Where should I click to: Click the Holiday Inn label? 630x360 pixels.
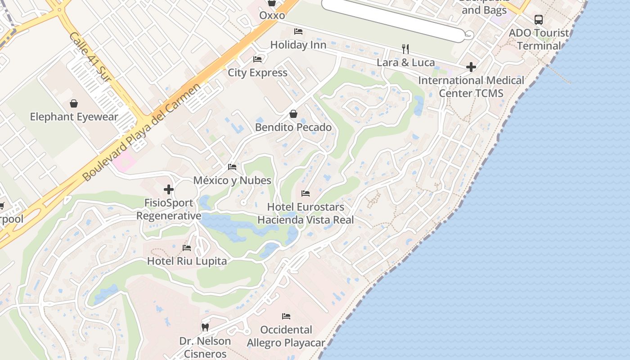(x=298, y=45)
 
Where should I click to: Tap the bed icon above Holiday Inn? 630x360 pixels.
(x=298, y=31)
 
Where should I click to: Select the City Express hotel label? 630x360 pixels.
(x=257, y=72)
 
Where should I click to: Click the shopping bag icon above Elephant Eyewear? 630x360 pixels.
(x=74, y=103)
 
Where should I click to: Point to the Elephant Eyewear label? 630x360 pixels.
(x=74, y=117)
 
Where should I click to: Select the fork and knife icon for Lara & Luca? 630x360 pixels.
(x=405, y=49)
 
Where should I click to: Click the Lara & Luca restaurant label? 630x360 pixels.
(x=405, y=63)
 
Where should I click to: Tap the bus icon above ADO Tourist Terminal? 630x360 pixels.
(x=538, y=20)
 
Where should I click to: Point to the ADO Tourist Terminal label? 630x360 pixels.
(x=539, y=39)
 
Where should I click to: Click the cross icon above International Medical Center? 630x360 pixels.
(x=471, y=67)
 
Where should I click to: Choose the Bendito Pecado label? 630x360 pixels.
(x=293, y=127)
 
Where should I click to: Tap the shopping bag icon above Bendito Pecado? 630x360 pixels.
(x=293, y=114)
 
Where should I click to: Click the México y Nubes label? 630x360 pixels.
(x=232, y=180)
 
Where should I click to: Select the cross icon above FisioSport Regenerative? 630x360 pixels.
(x=169, y=189)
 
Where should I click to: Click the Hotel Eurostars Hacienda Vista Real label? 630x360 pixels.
(x=306, y=213)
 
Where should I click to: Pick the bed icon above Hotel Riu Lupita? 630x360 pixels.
(x=187, y=248)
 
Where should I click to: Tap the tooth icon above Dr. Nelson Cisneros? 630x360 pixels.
(x=205, y=327)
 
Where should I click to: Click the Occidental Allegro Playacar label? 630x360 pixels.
(x=286, y=336)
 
